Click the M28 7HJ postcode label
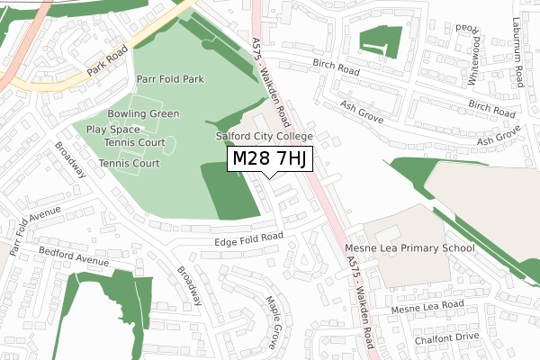[269, 159]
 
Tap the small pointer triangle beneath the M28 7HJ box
[269, 175]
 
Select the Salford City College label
[264, 136]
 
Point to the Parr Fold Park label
[170, 79]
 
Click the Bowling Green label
[143, 114]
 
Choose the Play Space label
[113, 129]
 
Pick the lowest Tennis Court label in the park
[129, 164]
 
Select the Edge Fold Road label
[248, 238]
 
